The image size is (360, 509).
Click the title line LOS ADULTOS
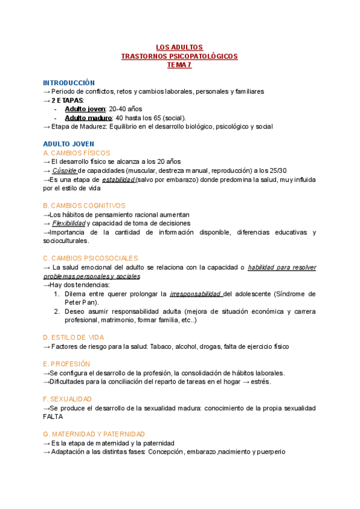pyautogui.click(x=179, y=47)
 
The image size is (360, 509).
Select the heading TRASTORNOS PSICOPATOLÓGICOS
pyautogui.click(x=179, y=56)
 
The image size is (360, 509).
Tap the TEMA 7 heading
pyautogui.click(x=179, y=65)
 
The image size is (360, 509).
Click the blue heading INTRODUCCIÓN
pyautogui.click(x=69, y=83)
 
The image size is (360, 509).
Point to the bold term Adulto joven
pyautogui.click(x=85, y=109)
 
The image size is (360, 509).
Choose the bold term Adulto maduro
pyautogui.click(x=88, y=118)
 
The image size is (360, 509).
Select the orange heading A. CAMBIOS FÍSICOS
pyautogui.click(x=76, y=153)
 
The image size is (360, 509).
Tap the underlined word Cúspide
pyautogui.click(x=64, y=170)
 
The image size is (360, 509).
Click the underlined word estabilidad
pyautogui.click(x=118, y=179)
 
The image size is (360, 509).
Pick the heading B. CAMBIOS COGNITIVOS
pyautogui.click(x=84, y=205)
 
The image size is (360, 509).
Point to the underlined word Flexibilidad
pyautogui.click(x=68, y=223)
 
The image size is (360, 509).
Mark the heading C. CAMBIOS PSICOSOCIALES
pyautogui.click(x=91, y=258)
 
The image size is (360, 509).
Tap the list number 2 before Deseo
pyautogui.click(x=56, y=312)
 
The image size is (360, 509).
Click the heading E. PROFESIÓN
pyautogui.click(x=67, y=364)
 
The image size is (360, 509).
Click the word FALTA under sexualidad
pyautogui.click(x=53, y=417)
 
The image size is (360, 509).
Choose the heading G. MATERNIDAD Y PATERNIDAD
pyautogui.click(x=94, y=434)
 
